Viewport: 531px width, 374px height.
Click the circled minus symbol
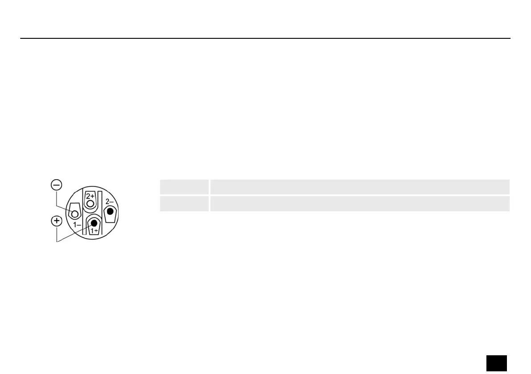click(x=57, y=185)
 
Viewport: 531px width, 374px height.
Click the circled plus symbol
click(x=57, y=221)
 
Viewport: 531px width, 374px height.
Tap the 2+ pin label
click(x=90, y=196)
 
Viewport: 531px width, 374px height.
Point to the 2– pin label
click(x=109, y=202)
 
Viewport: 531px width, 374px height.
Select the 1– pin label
click(x=77, y=224)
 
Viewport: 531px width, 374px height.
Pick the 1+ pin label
click(x=94, y=231)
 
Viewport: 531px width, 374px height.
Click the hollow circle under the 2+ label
click(x=90, y=204)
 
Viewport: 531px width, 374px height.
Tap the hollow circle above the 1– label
click(x=75, y=214)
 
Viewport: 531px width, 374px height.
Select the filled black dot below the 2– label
click(x=110, y=212)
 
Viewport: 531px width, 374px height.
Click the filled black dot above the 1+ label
click(x=94, y=223)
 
